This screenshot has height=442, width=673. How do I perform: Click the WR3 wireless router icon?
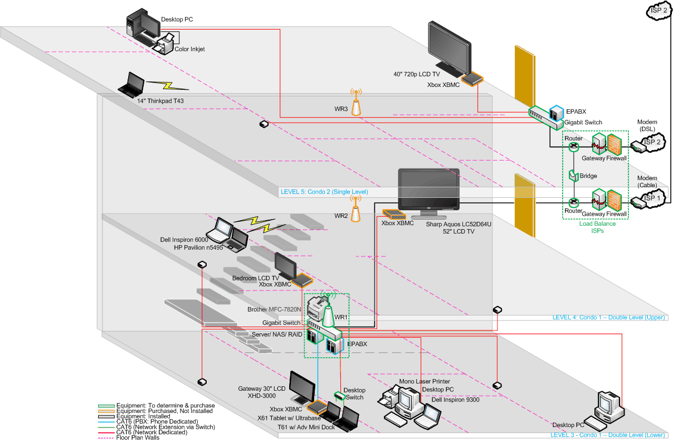point(356,103)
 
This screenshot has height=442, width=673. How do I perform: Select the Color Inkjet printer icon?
point(167,42)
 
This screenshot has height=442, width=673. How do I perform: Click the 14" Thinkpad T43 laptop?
point(133,84)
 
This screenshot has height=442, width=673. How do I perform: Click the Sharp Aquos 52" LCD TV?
point(428,192)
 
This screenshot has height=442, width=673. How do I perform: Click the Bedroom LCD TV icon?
point(285,266)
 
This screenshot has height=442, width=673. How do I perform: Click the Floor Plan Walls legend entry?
point(136,438)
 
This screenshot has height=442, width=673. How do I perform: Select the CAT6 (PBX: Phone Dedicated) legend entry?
point(157,421)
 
